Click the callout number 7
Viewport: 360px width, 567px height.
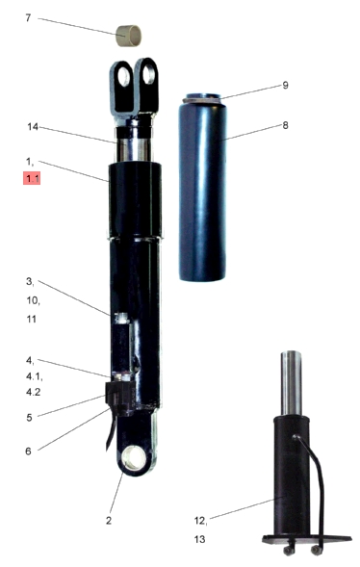[28, 17]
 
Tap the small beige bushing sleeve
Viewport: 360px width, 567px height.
[128, 36]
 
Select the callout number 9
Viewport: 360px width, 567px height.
[285, 86]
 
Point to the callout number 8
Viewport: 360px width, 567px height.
[285, 125]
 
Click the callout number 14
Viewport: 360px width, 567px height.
[33, 127]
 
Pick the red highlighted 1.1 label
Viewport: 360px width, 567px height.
[32, 178]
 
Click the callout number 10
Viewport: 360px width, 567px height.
[33, 300]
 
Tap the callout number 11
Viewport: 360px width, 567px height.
[32, 319]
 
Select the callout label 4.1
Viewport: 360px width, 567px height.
[35, 376]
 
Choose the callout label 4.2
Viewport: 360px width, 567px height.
[34, 392]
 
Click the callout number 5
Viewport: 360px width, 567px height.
[29, 418]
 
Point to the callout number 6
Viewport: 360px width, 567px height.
[28, 451]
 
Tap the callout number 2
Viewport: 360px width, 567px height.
[109, 521]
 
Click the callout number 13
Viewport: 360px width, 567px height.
[199, 539]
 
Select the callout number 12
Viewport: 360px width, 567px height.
[200, 521]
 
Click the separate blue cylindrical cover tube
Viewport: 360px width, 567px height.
[203, 188]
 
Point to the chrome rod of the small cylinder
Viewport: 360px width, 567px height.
[292, 383]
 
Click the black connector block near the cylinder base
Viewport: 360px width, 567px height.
[120, 397]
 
